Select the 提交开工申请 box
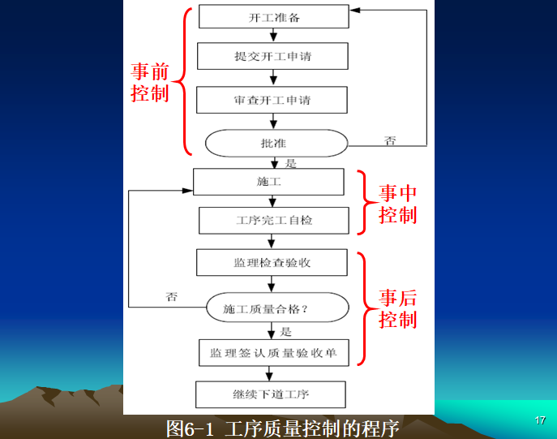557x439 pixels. [x=272, y=56]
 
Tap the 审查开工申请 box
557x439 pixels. [x=272, y=101]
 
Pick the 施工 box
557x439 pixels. [x=268, y=182]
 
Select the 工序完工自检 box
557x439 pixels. [x=274, y=221]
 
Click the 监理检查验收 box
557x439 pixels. [x=272, y=263]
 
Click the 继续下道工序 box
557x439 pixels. [x=271, y=395]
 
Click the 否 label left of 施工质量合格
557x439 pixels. [x=171, y=296]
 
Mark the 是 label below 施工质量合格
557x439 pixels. [x=285, y=331]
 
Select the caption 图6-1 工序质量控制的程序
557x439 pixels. [x=282, y=428]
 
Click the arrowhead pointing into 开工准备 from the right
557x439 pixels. [x=354, y=11]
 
